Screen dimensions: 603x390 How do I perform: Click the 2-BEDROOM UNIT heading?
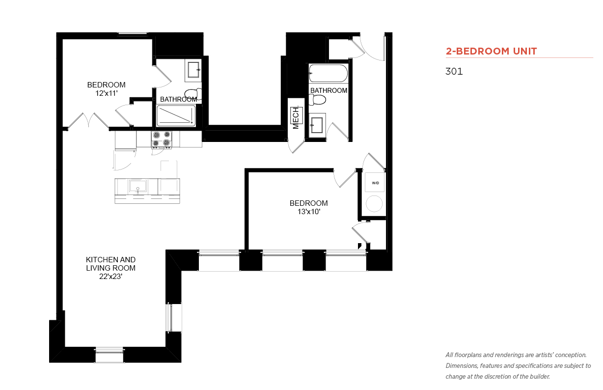pyautogui.click(x=491, y=51)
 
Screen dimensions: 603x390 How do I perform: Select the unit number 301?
pyautogui.click(x=454, y=71)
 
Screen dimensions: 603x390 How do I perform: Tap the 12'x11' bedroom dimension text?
pyautogui.click(x=107, y=93)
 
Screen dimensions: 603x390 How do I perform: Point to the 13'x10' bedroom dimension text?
pyautogui.click(x=308, y=212)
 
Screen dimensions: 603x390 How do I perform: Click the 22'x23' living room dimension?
pyautogui.click(x=110, y=277)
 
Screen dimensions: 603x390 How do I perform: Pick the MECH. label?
pyautogui.click(x=296, y=117)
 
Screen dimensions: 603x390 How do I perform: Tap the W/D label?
pyautogui.click(x=375, y=183)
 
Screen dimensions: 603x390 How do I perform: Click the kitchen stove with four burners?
pyautogui.click(x=162, y=139)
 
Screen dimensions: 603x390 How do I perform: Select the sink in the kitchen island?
pyautogui.click(x=138, y=186)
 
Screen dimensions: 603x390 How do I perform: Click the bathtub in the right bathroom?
pyautogui.click(x=328, y=73)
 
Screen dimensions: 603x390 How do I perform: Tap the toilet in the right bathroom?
pyautogui.click(x=317, y=100)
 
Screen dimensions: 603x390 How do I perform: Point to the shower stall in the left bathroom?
pyautogui.click(x=176, y=116)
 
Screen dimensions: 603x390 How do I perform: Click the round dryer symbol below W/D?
pyautogui.click(x=374, y=204)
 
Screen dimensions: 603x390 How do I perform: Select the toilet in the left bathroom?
pyautogui.click(x=193, y=94)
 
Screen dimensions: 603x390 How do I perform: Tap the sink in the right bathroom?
pyautogui.click(x=317, y=126)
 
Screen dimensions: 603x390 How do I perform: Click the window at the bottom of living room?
pyautogui.click(x=110, y=355)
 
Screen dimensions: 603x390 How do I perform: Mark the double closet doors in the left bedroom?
pyautogui.click(x=88, y=121)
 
